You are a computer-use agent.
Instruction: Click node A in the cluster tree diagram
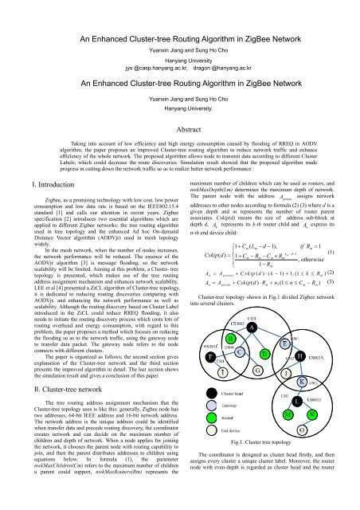pyautogui.click(x=252, y=327)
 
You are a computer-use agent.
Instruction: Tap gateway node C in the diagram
pyautogui.click(x=240, y=351)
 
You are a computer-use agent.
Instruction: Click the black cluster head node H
pyautogui.click(x=299, y=356)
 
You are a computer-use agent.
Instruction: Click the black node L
pyautogui.click(x=297, y=402)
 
